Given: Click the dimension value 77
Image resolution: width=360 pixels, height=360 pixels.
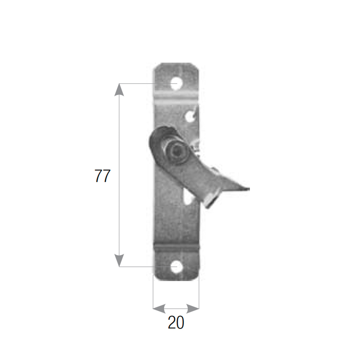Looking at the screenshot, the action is (x=102, y=176).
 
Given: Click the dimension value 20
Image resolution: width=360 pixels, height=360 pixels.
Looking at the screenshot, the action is (x=176, y=322).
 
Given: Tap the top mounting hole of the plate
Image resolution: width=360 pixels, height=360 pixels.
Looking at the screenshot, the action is (x=176, y=84).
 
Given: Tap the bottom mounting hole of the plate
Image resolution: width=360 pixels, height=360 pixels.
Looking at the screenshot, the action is (x=176, y=267).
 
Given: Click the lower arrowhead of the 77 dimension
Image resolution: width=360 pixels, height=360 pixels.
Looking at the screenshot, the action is (x=119, y=260).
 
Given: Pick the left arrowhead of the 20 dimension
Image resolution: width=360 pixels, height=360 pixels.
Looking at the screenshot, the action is (x=159, y=309).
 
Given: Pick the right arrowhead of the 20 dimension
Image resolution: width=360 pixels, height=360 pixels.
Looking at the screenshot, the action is (x=193, y=309).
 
